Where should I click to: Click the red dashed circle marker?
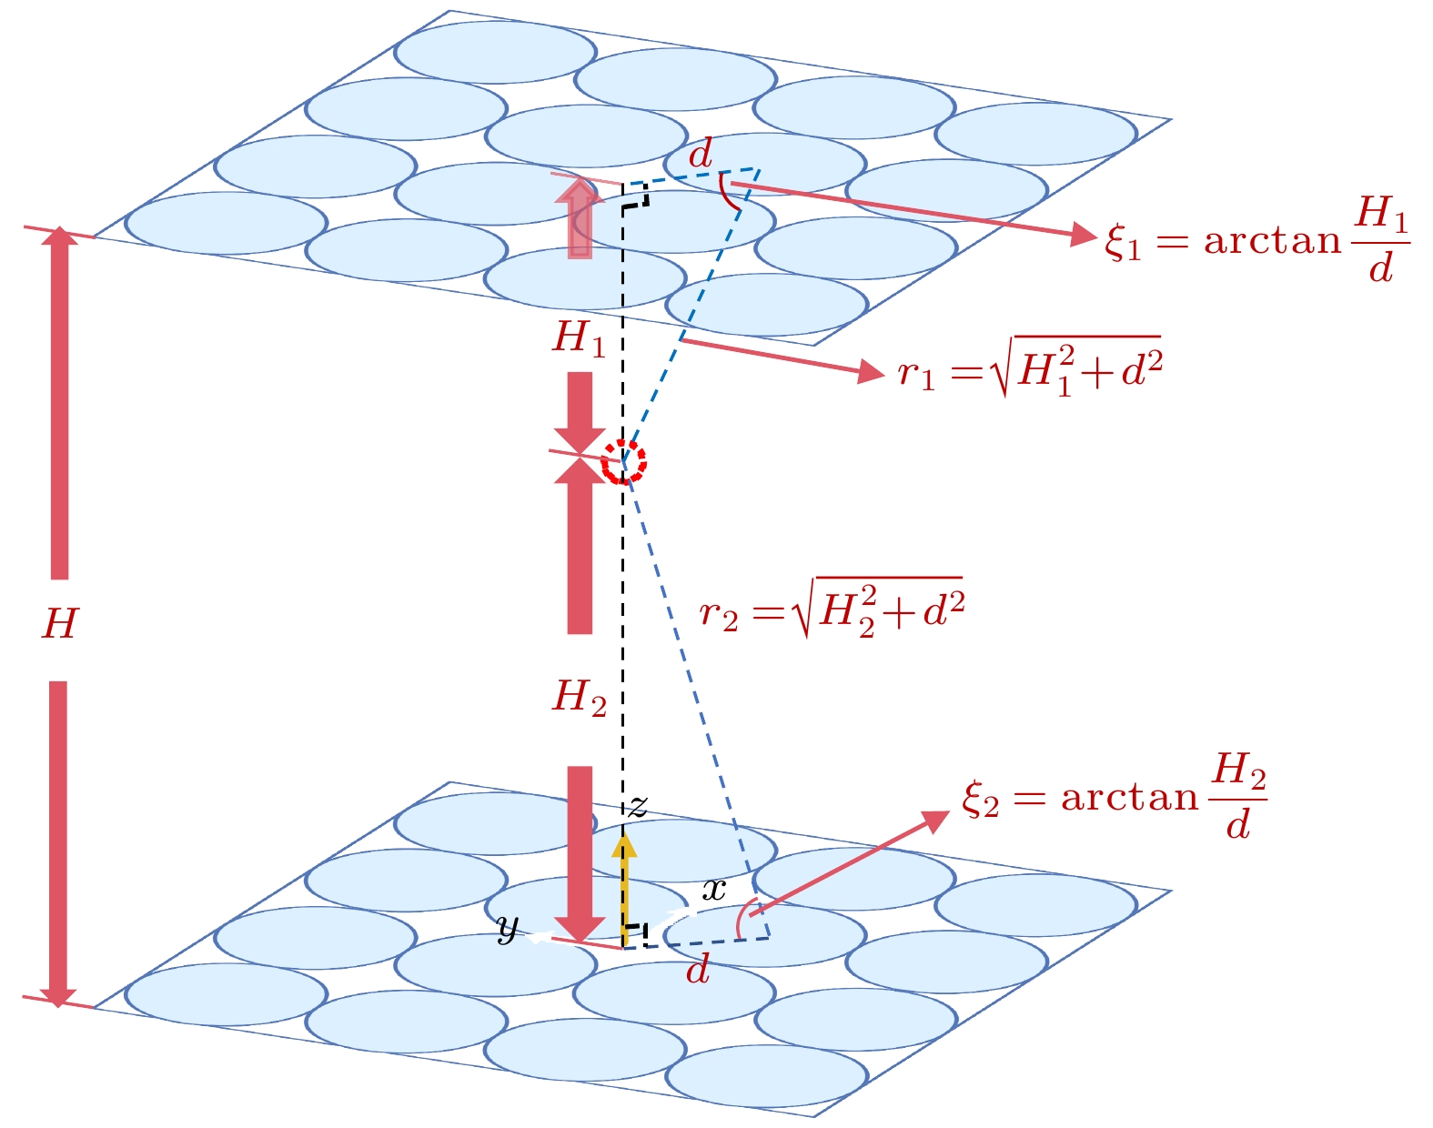click(624, 461)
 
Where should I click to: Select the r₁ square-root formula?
click(1029, 368)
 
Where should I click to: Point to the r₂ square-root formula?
click(832, 608)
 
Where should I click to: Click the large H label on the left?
click(60, 624)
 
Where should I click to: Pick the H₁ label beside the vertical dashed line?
click(579, 338)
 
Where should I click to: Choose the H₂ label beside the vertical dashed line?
click(580, 698)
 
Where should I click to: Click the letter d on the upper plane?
click(701, 156)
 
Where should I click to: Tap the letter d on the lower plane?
click(698, 971)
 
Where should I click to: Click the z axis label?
click(638, 806)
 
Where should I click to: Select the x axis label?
click(714, 890)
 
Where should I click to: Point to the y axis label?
click(508, 928)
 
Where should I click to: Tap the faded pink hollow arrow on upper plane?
click(580, 217)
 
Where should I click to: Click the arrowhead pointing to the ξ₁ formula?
click(1083, 235)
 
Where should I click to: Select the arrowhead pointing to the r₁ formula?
click(871, 371)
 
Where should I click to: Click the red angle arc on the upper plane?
click(728, 193)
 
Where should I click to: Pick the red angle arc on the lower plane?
click(746, 918)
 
